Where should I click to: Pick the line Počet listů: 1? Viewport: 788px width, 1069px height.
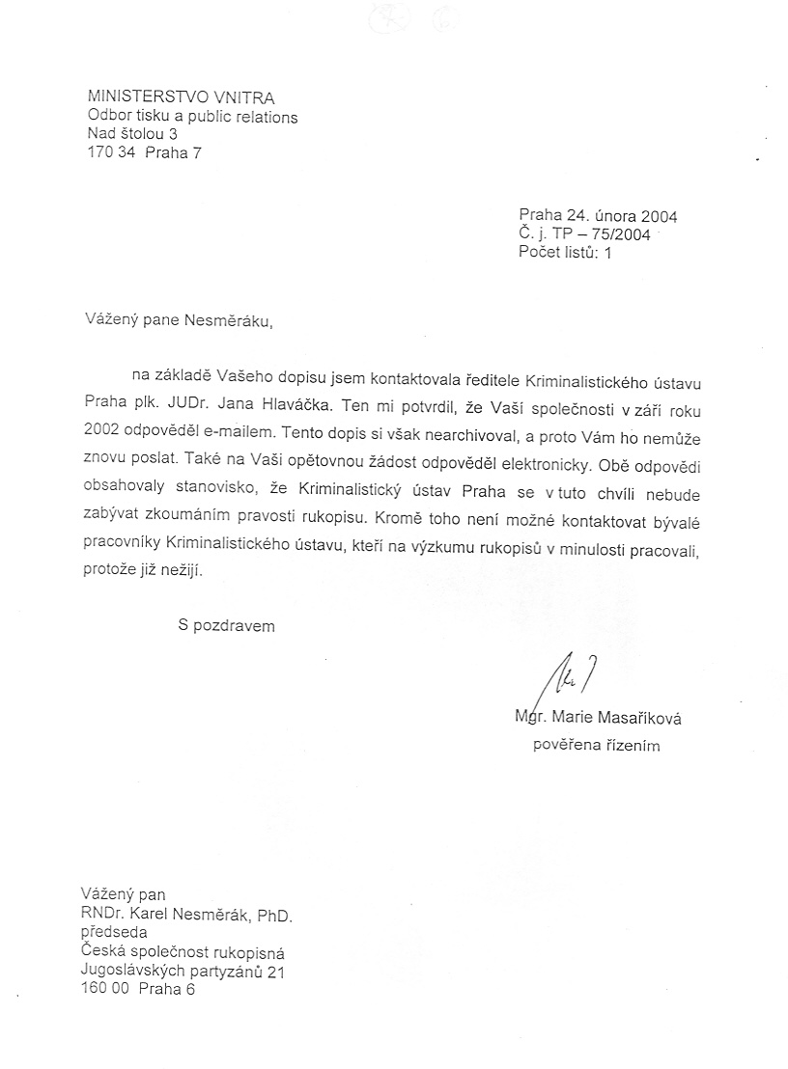565,253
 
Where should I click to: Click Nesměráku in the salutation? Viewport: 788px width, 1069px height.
228,321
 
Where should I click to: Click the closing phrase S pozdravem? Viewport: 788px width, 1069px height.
226,625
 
